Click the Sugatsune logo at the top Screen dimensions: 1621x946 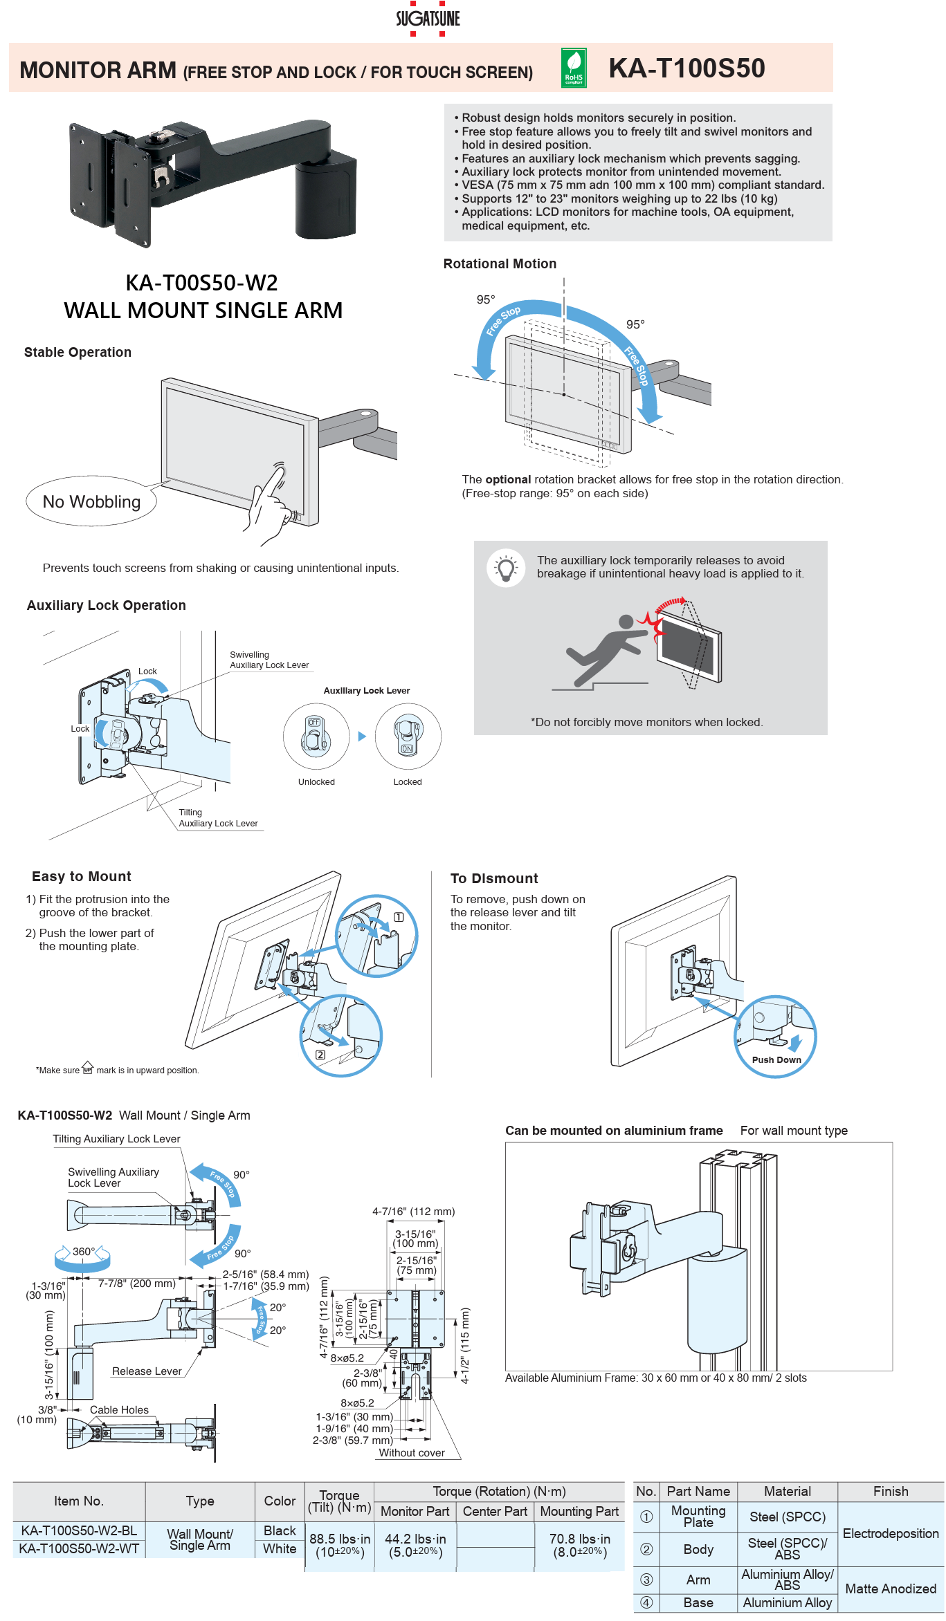[x=428, y=19]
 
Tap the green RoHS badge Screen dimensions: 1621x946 [x=574, y=68]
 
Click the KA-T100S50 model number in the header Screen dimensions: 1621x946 [x=686, y=68]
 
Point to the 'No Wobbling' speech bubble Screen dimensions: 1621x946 [x=91, y=501]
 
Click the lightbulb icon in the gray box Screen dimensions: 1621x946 [x=506, y=568]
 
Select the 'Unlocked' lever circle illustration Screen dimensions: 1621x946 [x=316, y=736]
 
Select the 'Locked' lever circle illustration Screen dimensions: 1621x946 [x=408, y=736]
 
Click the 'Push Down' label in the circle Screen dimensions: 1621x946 [x=776, y=1059]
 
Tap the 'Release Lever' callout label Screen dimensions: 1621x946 [x=147, y=1371]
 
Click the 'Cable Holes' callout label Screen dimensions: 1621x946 [x=119, y=1409]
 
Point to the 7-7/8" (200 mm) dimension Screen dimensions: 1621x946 [x=136, y=1283]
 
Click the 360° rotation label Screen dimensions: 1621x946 [x=83, y=1251]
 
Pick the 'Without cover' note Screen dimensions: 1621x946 [x=412, y=1452]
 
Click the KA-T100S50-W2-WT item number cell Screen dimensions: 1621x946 [x=79, y=1548]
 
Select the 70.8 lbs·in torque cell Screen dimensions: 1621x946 [x=579, y=1545]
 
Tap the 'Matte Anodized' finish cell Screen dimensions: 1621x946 [x=890, y=1588]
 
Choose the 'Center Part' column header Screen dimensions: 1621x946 [x=495, y=1511]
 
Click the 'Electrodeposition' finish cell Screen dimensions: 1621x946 [x=890, y=1533]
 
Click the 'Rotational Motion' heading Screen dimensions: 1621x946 [x=500, y=263]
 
